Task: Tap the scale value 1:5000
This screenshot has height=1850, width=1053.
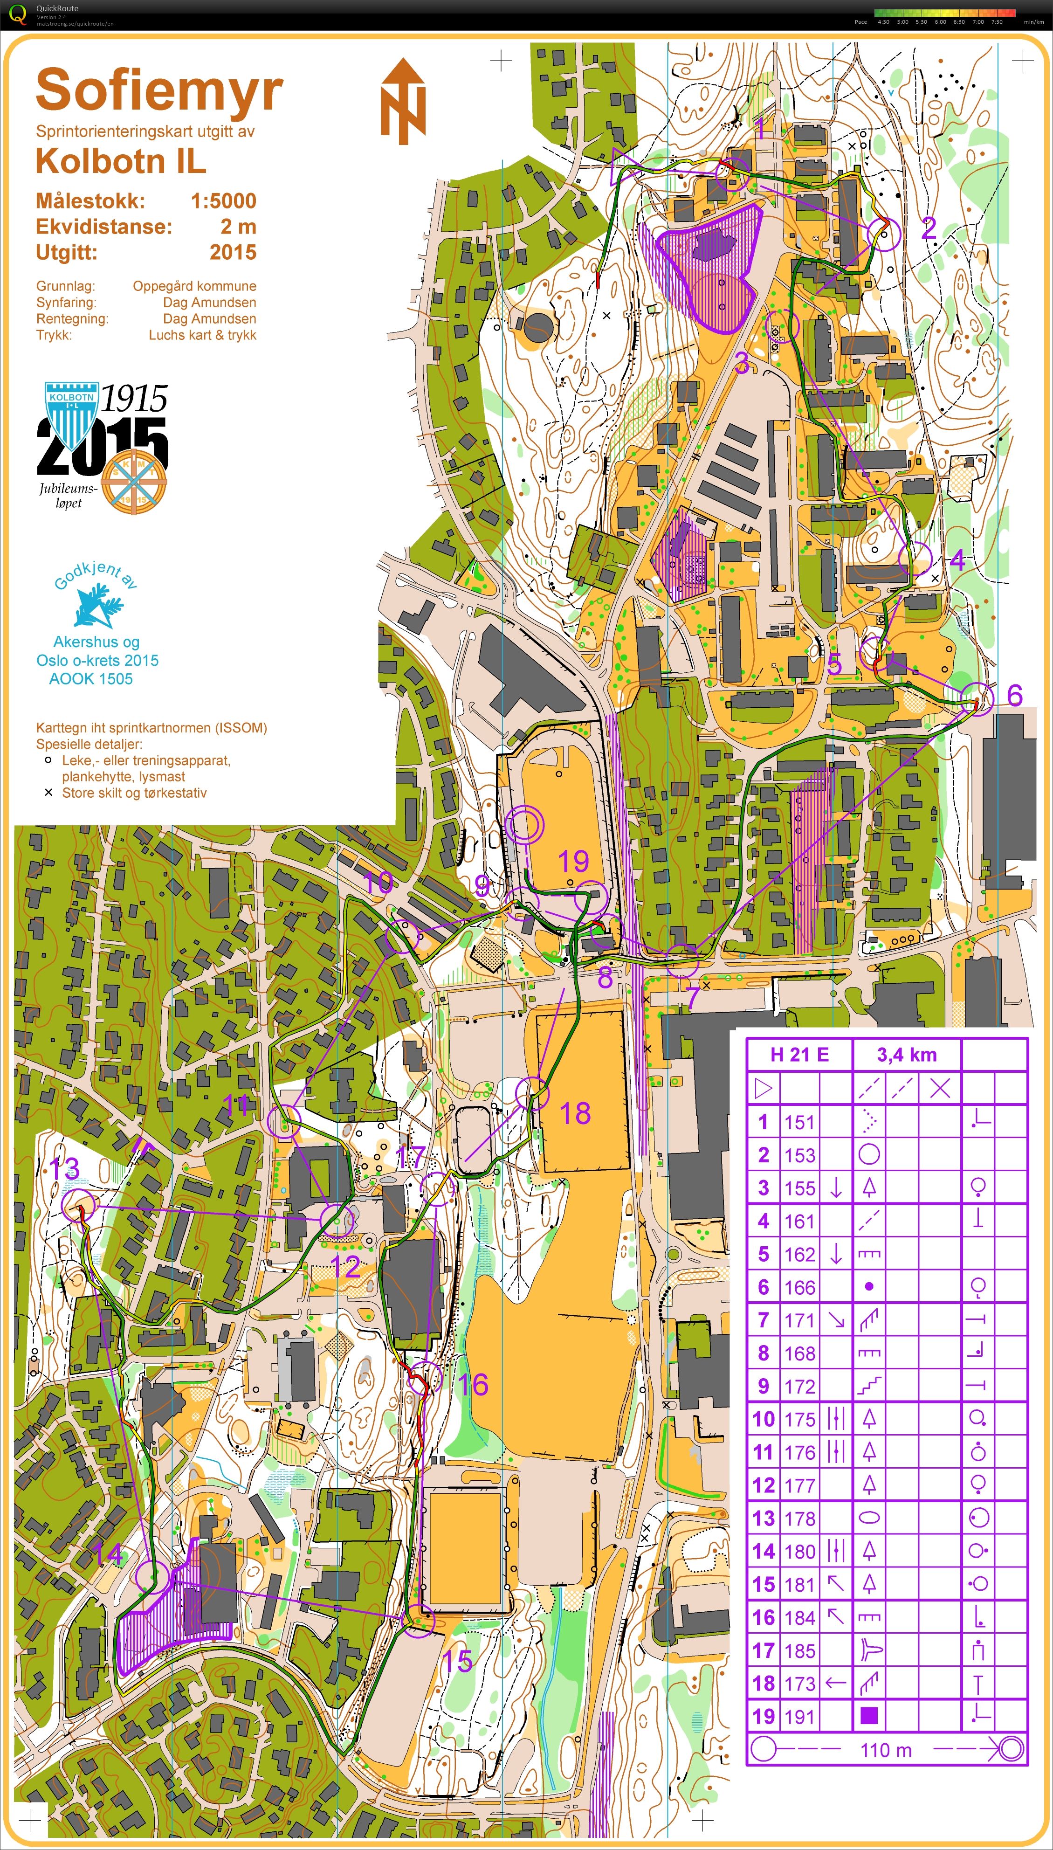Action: pos(223,201)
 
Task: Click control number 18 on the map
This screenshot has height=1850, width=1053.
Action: pos(575,1114)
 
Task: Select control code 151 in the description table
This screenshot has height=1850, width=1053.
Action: pos(799,1122)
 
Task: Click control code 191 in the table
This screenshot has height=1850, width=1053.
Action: pos(799,1716)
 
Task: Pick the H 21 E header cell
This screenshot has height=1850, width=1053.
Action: pos(799,1055)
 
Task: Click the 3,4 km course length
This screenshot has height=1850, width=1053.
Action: pos(907,1055)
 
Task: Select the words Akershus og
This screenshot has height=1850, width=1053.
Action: pos(96,642)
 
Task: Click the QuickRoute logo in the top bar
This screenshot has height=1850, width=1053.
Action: pos(18,13)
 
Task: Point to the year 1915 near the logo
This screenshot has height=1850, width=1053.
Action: pos(134,399)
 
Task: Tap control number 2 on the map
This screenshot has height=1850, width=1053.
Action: pos(929,228)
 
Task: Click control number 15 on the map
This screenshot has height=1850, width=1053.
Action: pos(457,1661)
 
